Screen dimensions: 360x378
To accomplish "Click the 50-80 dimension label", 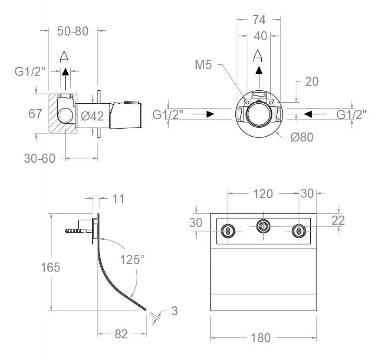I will click(73, 31).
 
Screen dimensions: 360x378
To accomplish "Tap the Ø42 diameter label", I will click(92, 116).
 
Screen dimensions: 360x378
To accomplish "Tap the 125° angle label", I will click(132, 259).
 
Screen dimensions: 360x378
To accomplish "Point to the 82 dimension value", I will click(121, 334).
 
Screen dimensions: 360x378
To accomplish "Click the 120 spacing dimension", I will click(262, 194).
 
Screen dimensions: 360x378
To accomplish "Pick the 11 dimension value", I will click(117, 198).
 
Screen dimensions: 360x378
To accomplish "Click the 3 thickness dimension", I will click(174, 311).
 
